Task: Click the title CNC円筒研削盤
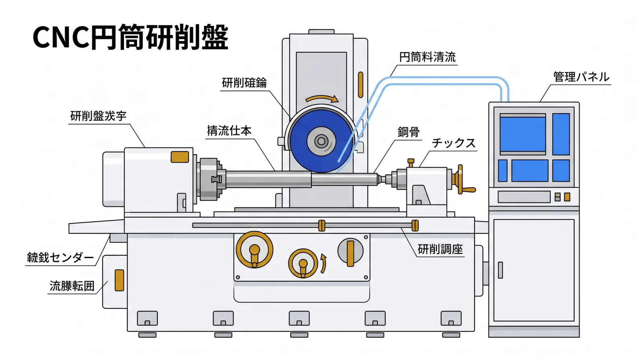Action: (x=130, y=37)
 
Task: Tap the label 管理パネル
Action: (x=581, y=77)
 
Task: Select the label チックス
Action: (x=454, y=143)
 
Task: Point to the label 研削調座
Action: (x=440, y=249)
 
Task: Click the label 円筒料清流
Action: (x=427, y=57)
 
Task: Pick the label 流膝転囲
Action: (x=72, y=286)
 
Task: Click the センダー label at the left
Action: (x=60, y=258)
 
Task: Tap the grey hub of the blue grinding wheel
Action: (x=321, y=141)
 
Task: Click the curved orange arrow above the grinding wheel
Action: (x=322, y=99)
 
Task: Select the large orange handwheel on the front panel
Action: (x=254, y=250)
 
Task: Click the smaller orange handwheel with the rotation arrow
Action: (x=303, y=264)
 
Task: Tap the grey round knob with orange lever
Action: (x=350, y=251)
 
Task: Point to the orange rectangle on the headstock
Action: (x=180, y=157)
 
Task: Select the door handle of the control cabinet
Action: (x=500, y=270)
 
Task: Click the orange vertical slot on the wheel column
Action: (x=360, y=85)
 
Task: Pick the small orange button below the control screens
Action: (x=567, y=197)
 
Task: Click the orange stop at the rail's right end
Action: (x=415, y=226)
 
